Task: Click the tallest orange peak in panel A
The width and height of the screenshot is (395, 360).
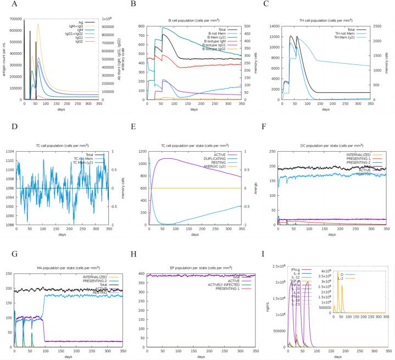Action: (38, 24)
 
